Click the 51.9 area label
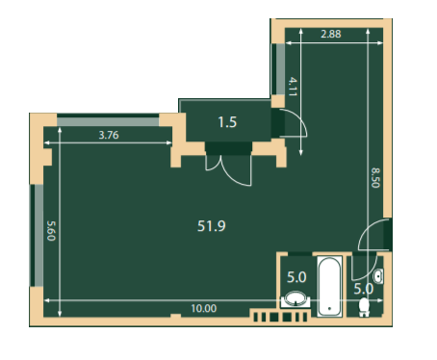pos(212,226)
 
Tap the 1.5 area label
pos(227,122)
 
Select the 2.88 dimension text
pos(331,34)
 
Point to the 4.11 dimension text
pos(293,87)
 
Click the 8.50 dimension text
pos(375,177)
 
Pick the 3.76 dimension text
pos(109,135)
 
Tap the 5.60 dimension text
pos(51,230)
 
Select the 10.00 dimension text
pos(204,308)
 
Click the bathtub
pos(329,286)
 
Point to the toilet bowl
pos(364,307)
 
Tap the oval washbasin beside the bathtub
pos(296,298)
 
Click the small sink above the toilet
pos(378,276)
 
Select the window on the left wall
pos(37,235)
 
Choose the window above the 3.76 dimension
pos(108,120)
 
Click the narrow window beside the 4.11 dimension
pos(278,69)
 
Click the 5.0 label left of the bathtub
pos(296,277)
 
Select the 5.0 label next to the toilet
pos(363,289)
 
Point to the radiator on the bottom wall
pos(280,318)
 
